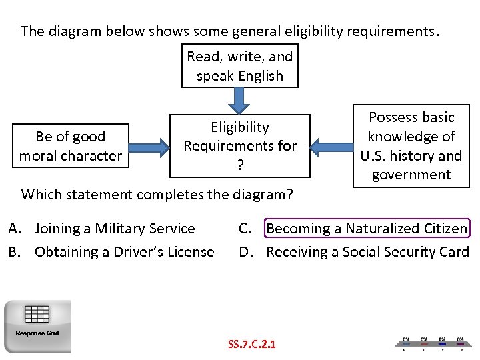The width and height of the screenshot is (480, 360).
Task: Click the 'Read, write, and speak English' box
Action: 240,66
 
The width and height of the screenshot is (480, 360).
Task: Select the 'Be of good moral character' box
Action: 71,146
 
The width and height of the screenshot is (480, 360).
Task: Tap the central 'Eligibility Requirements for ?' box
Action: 240,146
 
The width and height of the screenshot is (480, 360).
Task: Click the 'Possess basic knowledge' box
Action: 411,146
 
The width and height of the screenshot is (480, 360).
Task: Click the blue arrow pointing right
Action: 151,146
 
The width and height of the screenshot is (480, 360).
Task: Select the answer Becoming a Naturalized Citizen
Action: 367,229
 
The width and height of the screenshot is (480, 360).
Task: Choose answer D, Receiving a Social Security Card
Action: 367,252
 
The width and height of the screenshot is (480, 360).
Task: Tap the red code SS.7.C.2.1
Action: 252,344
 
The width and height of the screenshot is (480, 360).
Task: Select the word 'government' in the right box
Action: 411,175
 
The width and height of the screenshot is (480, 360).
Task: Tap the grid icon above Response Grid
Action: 37,313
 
